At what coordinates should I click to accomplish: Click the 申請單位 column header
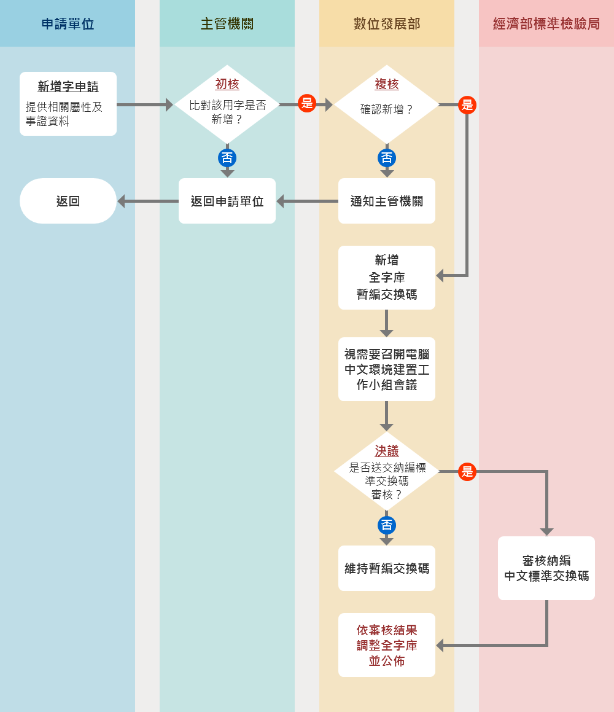68,24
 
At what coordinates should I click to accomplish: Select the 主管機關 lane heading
227,24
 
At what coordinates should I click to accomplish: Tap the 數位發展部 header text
387,24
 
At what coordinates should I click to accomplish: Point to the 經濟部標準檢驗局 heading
546,24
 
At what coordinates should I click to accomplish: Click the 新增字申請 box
68,104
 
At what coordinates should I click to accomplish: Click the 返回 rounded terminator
68,201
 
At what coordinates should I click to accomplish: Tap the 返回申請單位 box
227,201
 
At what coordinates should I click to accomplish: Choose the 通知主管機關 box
387,201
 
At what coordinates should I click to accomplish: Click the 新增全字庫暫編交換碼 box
387,278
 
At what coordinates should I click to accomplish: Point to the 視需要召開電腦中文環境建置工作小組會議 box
387,369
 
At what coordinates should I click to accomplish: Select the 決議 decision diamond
387,472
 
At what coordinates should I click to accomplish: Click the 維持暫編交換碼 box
387,568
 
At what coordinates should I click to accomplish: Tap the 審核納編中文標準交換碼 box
546,568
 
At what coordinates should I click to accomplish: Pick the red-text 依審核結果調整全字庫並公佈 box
387,645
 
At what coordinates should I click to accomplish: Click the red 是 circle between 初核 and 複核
307,103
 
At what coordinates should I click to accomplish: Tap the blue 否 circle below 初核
227,158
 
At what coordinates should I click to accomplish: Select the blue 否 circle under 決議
387,525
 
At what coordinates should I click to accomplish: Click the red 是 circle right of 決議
467,472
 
